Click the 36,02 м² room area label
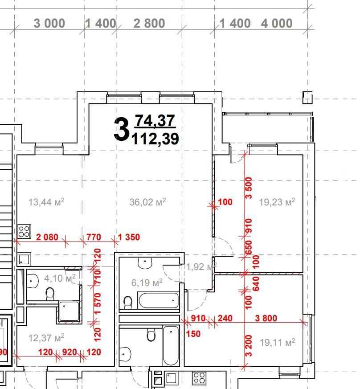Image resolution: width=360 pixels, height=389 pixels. [x=147, y=202]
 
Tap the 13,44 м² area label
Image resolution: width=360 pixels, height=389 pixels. [x=46, y=202]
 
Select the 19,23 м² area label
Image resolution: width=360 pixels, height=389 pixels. [x=277, y=202]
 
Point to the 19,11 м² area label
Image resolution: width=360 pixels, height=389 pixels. [x=278, y=342]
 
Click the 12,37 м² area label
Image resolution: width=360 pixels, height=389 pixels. [x=46, y=338]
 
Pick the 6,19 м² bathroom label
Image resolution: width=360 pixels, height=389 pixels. [x=147, y=283]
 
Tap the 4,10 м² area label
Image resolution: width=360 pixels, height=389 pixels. [x=60, y=278]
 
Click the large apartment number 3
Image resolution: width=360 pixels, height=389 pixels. [x=122, y=129]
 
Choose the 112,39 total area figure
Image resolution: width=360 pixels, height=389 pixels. [x=155, y=139]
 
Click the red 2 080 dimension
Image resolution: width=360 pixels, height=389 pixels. [x=47, y=237]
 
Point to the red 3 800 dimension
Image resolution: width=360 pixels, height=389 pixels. [x=266, y=318]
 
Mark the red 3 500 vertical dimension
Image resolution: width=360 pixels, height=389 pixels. [x=249, y=188]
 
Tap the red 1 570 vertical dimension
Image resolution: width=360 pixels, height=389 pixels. [x=97, y=303]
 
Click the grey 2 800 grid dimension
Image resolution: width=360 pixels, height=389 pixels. [x=149, y=23]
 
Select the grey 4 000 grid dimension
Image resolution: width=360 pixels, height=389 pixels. [x=277, y=23]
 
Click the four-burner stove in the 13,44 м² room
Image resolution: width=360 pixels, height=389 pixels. [x=25, y=231]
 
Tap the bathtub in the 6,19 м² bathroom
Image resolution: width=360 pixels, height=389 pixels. [x=158, y=300]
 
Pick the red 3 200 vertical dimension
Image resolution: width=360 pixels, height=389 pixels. [x=249, y=346]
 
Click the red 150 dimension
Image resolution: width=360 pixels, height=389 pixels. [x=193, y=334]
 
